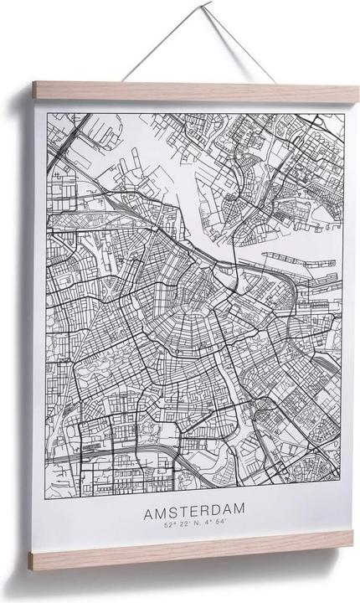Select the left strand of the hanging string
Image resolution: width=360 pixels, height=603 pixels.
(151, 46)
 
